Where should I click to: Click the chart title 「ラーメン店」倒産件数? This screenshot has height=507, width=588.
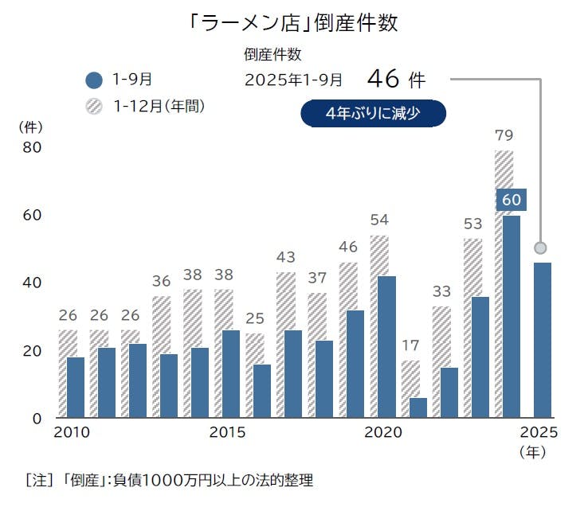click(x=294, y=22)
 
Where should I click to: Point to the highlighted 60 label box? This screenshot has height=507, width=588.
click(x=511, y=200)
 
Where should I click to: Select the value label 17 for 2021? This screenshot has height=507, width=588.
click(x=410, y=346)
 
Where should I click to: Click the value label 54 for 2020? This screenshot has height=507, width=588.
click(x=379, y=220)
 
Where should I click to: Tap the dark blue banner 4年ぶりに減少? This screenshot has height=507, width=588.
click(x=373, y=113)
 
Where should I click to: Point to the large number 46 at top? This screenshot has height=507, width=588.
click(x=384, y=79)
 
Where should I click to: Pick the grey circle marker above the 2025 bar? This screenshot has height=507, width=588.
click(x=540, y=247)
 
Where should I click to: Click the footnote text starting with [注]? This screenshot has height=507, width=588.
click(x=170, y=480)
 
